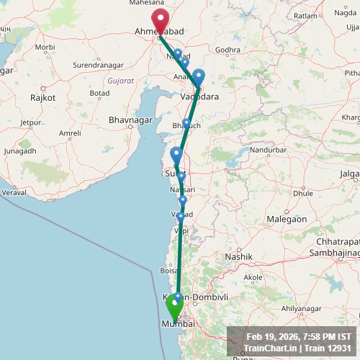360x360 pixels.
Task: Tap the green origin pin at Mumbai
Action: pyautogui.click(x=174, y=307)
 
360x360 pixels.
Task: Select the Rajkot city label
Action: pyautogui.click(x=38, y=96)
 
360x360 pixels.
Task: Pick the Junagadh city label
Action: pyautogui.click(x=19, y=151)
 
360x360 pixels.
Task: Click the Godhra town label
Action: pyautogui.click(x=227, y=50)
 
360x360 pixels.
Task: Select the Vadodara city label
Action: pyautogui.click(x=199, y=96)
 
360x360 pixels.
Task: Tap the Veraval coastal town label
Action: pyautogui.click(x=13, y=193)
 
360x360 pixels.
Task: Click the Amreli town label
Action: pyautogui.click(x=70, y=133)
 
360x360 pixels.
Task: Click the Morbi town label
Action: pyautogui.click(x=45, y=47)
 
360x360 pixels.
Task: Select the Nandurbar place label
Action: pyautogui.click(x=269, y=150)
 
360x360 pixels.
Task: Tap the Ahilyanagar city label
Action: pyautogui.click(x=300, y=308)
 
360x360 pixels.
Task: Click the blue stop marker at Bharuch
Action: pyautogui.click(x=187, y=123)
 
